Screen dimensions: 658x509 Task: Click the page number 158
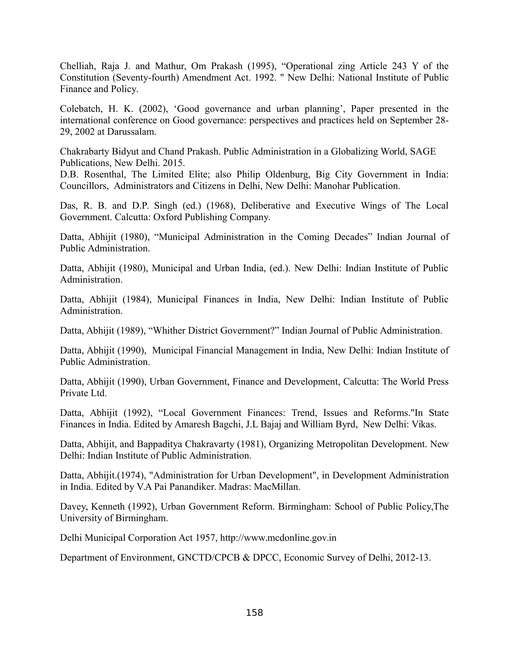[x=255, y=613]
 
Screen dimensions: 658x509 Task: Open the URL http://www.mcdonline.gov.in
[x=278, y=538]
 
